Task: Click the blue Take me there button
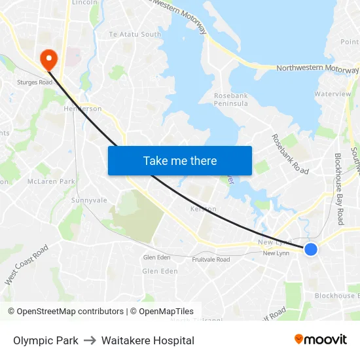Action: tap(180, 160)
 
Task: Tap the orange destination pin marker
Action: tap(48, 60)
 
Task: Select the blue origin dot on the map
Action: tap(311, 249)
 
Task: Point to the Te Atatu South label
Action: tap(135, 34)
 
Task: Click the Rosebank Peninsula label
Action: tap(231, 99)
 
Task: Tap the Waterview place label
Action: tap(333, 94)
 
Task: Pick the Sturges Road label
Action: tap(35, 82)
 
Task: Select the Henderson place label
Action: tap(82, 109)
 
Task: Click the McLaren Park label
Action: tap(52, 181)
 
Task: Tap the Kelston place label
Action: tap(203, 209)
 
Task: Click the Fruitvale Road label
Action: tap(211, 259)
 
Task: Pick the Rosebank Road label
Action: tap(290, 154)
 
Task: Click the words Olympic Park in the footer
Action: tap(46, 340)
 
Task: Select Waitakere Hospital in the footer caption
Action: tap(148, 340)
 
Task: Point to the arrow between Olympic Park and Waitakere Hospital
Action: tap(90, 340)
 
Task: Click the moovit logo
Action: tap(321, 339)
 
